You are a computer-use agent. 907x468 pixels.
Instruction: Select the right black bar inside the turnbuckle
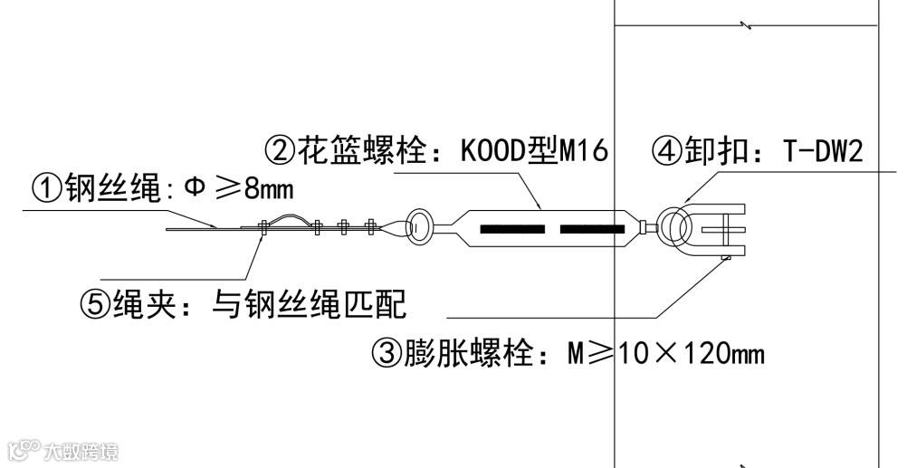[x=592, y=229]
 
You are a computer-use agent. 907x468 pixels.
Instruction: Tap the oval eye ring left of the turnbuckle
[x=421, y=227]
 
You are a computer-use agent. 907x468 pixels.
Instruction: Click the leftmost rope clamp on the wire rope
[x=262, y=226]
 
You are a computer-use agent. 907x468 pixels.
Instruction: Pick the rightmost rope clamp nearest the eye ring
[x=369, y=226]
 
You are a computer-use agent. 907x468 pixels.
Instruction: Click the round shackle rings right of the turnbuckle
[x=674, y=226]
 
